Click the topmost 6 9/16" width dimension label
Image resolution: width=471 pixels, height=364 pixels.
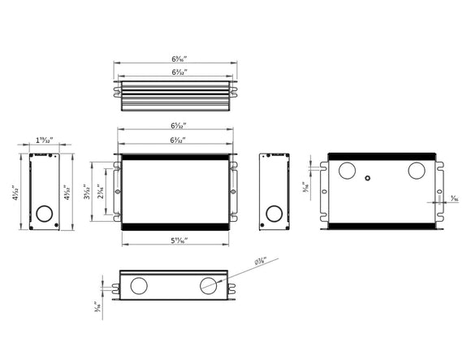176,58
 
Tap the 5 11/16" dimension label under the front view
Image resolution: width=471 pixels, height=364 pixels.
176,240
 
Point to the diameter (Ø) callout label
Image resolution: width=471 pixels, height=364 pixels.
261,261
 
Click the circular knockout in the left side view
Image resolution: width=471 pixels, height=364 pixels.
42,215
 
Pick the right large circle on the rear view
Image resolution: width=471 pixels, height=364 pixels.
417,171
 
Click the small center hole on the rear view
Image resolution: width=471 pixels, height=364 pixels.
368,177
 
